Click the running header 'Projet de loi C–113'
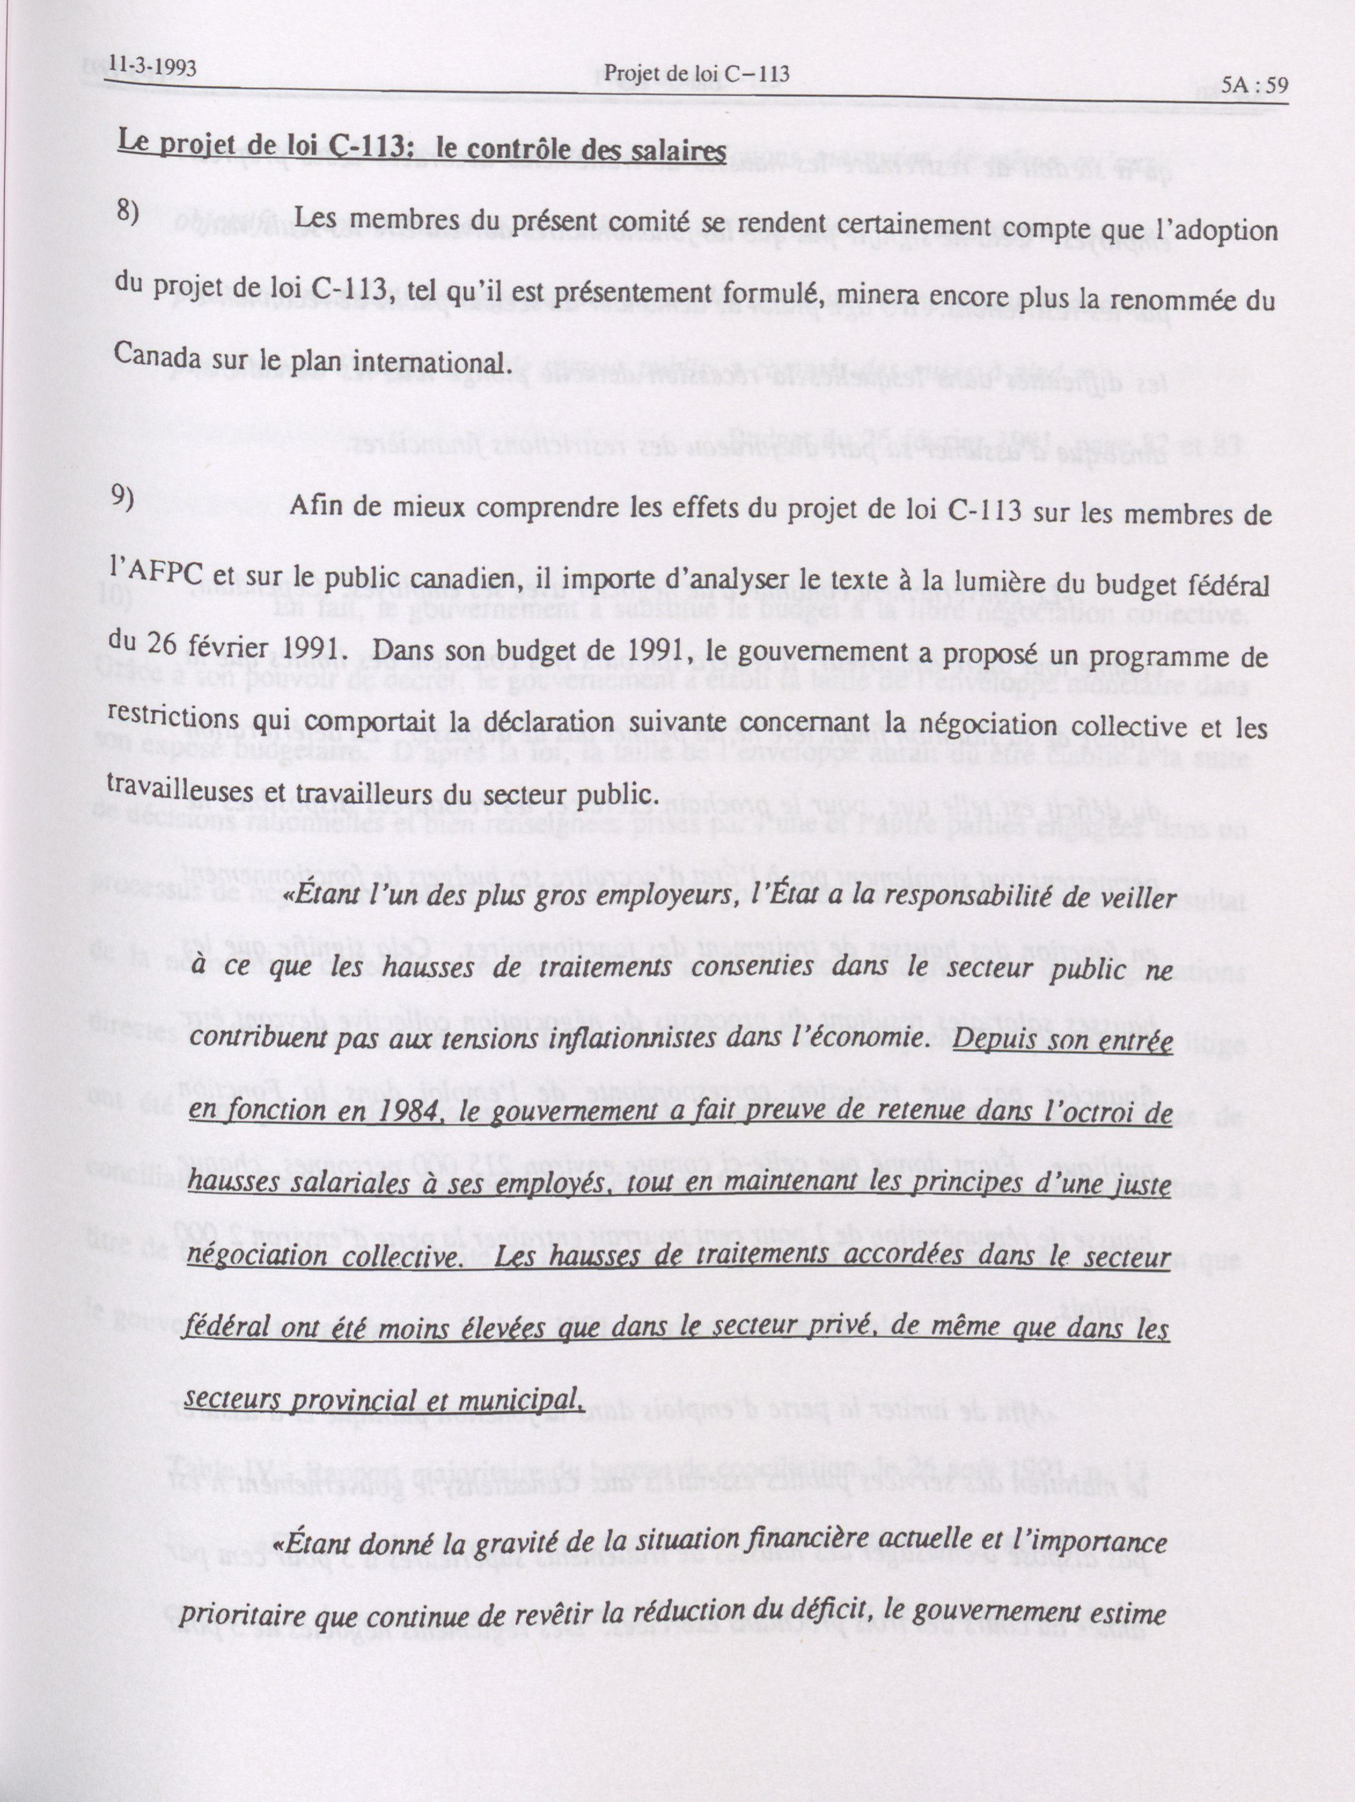694,75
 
